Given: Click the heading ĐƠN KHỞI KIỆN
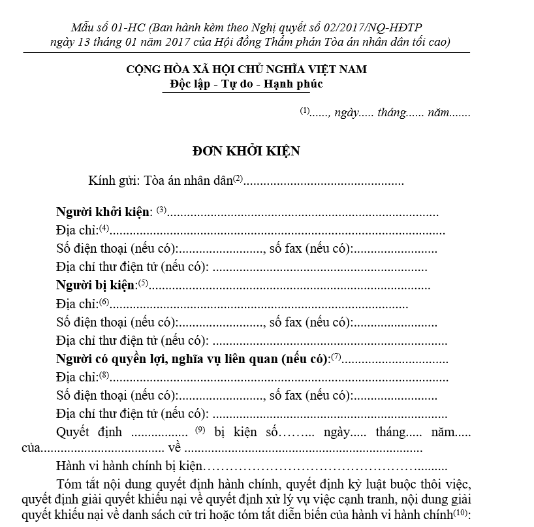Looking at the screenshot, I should tap(246, 151).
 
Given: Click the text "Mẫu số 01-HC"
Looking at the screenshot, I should tap(108, 27).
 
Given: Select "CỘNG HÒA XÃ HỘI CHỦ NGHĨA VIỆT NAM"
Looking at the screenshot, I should tap(246, 69).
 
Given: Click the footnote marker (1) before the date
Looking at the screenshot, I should tap(304, 110).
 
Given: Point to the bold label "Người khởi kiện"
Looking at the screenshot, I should tap(104, 212).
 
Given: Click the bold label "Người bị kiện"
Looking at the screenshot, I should tap(96, 285).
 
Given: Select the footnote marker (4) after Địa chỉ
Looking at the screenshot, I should tap(104, 229).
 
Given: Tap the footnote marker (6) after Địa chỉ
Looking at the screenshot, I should tap(104, 302).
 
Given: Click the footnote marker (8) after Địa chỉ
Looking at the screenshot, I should tap(104, 375).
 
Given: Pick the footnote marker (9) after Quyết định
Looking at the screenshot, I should tap(200, 429).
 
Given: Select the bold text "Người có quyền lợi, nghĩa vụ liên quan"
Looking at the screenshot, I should tap(191, 359).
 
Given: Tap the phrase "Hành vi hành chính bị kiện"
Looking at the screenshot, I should tap(131, 468).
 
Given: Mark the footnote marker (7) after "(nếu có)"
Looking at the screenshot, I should tap(336, 357).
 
